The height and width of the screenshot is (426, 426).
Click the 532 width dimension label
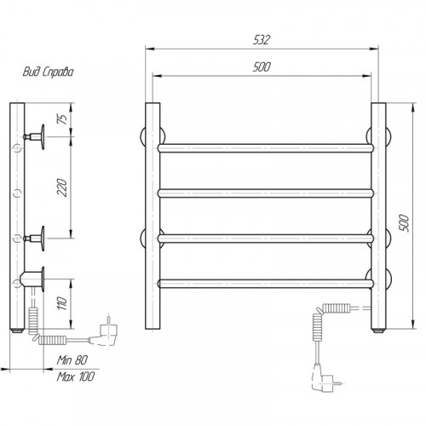coord(262,40)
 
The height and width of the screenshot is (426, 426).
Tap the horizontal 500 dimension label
coord(262,67)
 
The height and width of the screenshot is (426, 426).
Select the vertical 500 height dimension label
coord(404,223)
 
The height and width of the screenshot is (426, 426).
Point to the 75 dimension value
coord(63,118)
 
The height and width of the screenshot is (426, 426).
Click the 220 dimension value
coord(62,187)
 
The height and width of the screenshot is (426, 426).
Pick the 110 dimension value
coord(62,303)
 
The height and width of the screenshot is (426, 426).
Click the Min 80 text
coord(72,360)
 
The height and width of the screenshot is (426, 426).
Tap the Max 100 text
coord(76,377)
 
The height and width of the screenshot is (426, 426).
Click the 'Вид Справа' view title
coord(48,72)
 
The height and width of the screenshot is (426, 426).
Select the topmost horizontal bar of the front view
coord(266,148)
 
